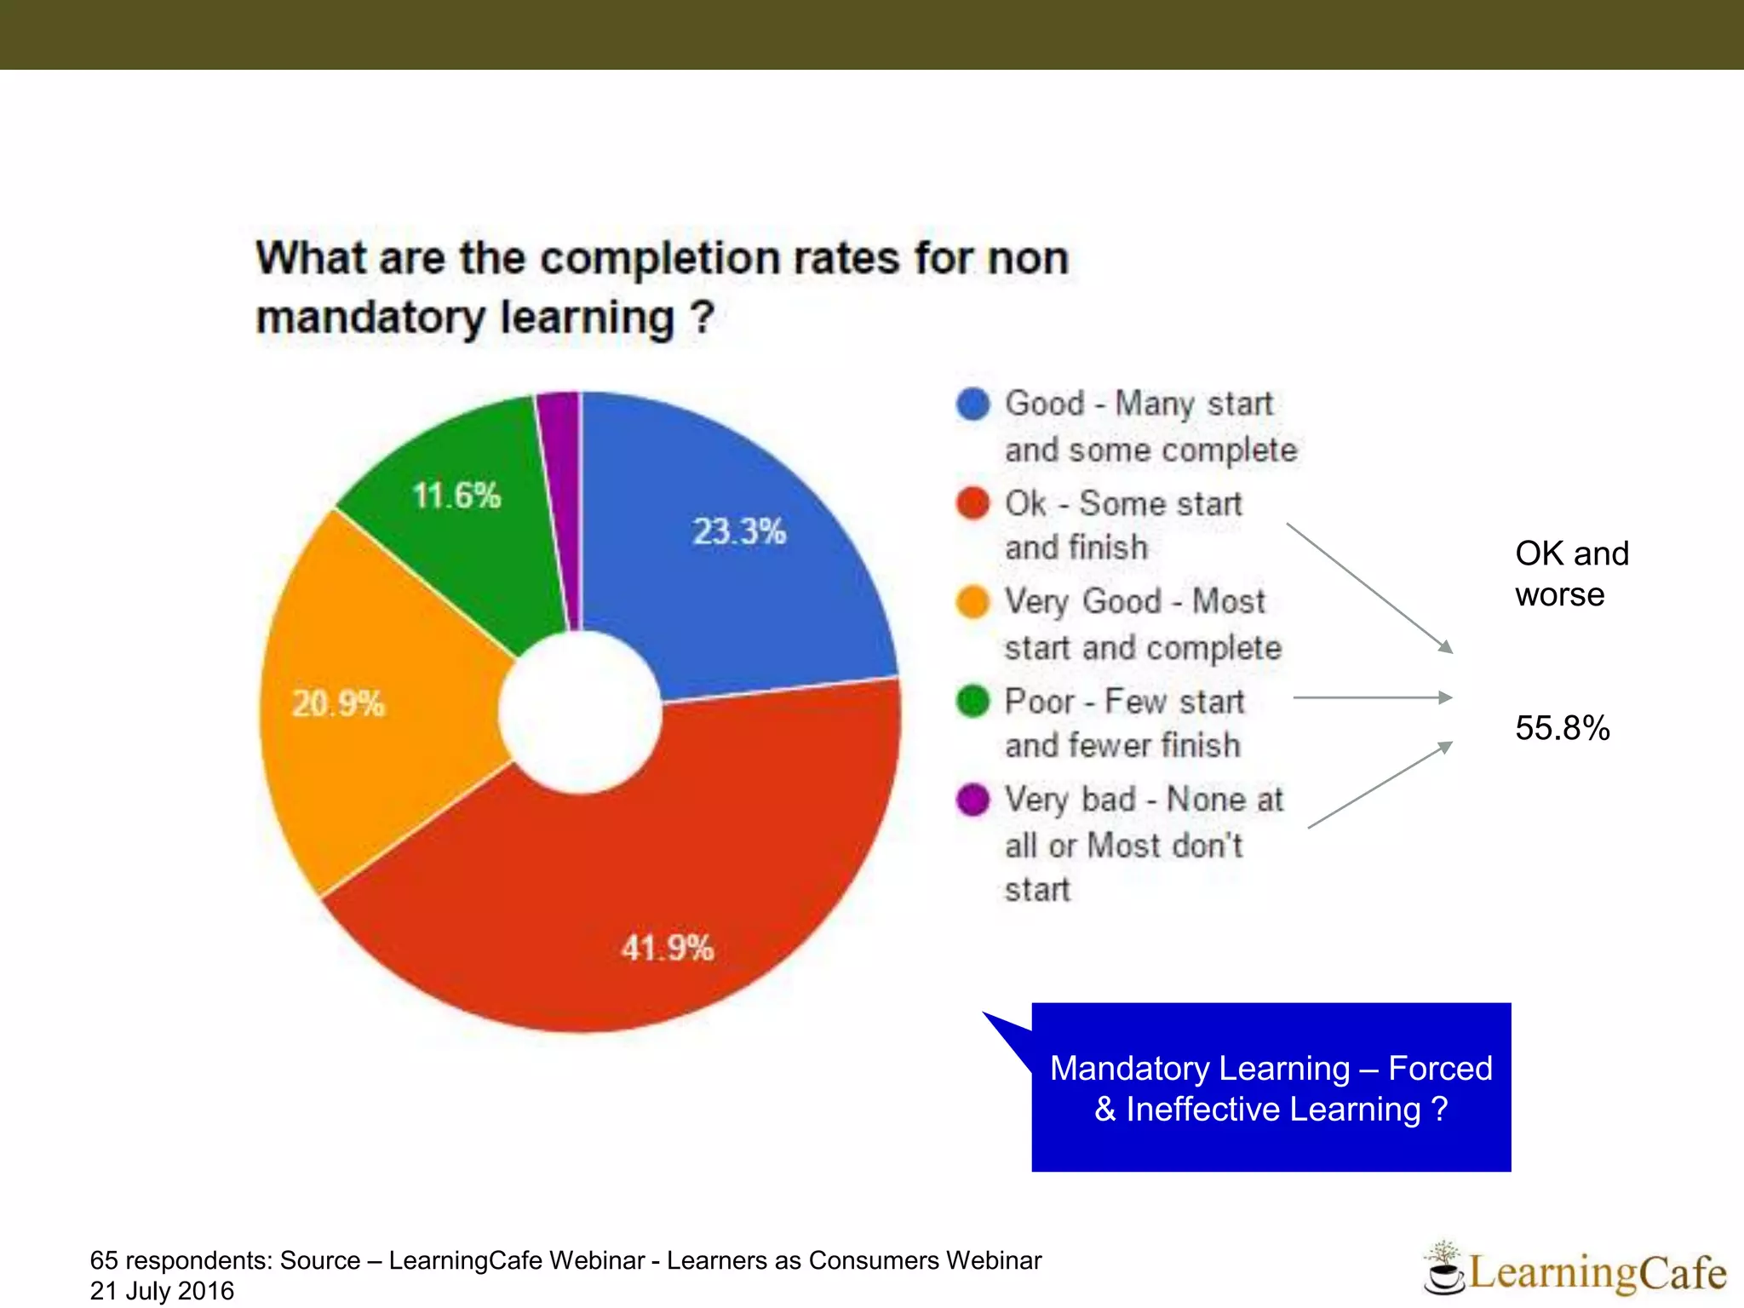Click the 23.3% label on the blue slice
point(738,531)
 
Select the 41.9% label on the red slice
point(667,948)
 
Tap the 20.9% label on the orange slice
point(338,703)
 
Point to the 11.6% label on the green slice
point(456,496)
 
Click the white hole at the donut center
point(580,712)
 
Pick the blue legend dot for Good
point(972,404)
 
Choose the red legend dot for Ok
point(972,503)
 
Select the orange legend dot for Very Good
point(972,601)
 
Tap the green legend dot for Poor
point(972,702)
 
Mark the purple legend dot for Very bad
point(972,800)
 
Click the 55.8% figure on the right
point(1562,728)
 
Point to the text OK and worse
point(1570,574)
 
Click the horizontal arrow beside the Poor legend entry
point(1371,697)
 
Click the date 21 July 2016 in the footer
point(162,1291)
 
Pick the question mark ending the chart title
point(702,318)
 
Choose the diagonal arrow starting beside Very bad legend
point(1380,784)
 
